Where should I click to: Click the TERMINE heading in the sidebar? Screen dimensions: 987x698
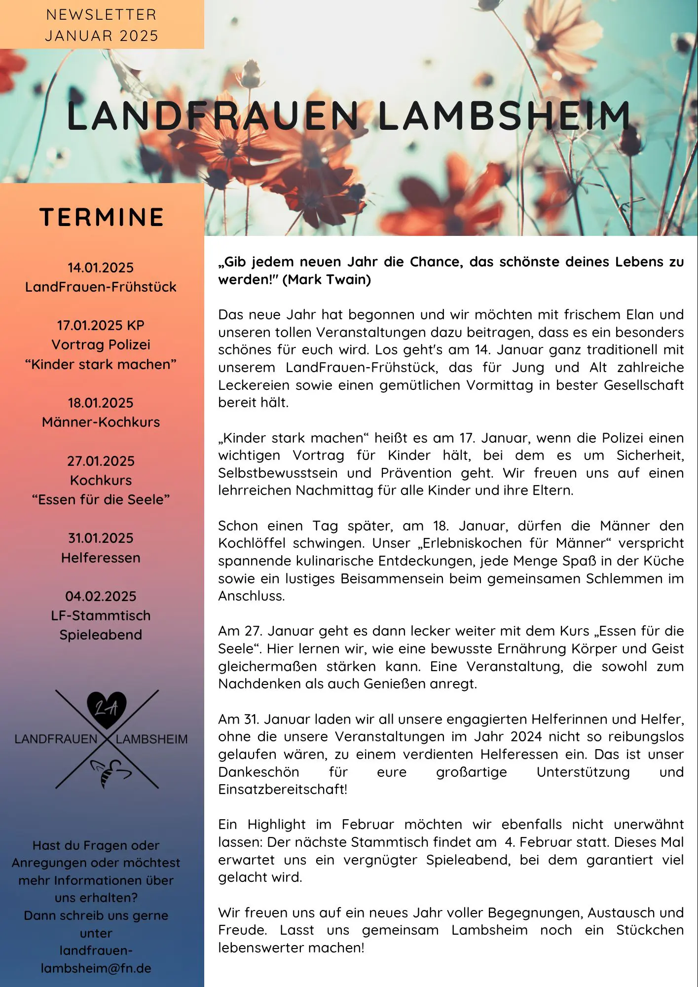(x=101, y=217)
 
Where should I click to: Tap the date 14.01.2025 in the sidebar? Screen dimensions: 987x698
(x=101, y=267)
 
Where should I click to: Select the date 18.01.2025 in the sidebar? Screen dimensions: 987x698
(x=101, y=403)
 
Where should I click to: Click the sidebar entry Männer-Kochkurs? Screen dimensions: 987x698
(x=101, y=422)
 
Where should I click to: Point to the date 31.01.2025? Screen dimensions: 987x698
(x=101, y=538)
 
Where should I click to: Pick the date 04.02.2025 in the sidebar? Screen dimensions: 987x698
(x=101, y=596)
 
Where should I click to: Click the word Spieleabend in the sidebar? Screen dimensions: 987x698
(x=101, y=635)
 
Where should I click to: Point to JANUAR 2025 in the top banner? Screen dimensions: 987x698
(x=102, y=36)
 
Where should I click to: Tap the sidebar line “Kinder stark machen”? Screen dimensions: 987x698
(x=101, y=364)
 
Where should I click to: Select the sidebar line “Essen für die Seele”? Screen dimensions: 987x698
(x=101, y=499)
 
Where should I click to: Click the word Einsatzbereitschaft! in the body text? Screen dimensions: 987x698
(x=283, y=789)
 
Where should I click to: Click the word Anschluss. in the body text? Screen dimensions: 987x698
(x=252, y=596)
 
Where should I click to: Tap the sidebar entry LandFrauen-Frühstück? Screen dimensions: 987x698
(x=101, y=287)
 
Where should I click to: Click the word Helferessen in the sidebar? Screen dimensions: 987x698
(x=101, y=558)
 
